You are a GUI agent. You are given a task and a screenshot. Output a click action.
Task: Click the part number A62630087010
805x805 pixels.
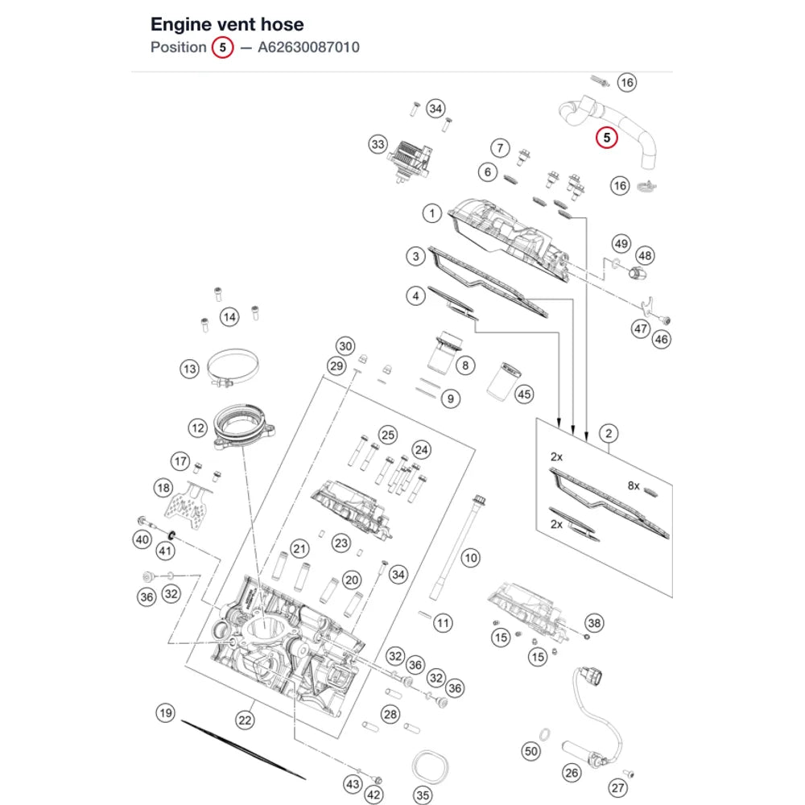point(308,47)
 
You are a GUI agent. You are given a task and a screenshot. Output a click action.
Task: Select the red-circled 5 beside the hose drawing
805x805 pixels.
point(606,138)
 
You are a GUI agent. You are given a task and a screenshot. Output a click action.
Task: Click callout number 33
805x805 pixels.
point(378,144)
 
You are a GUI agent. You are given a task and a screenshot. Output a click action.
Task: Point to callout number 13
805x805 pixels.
point(189,369)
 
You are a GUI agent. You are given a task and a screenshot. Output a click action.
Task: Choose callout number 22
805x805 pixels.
point(245,720)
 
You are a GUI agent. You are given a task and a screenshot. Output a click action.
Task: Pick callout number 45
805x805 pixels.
point(524,394)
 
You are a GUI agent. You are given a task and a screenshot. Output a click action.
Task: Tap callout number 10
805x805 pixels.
point(470,558)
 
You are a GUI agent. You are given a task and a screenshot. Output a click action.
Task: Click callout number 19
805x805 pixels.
point(165,712)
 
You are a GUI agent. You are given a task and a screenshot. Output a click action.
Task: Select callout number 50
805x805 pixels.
point(530,752)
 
